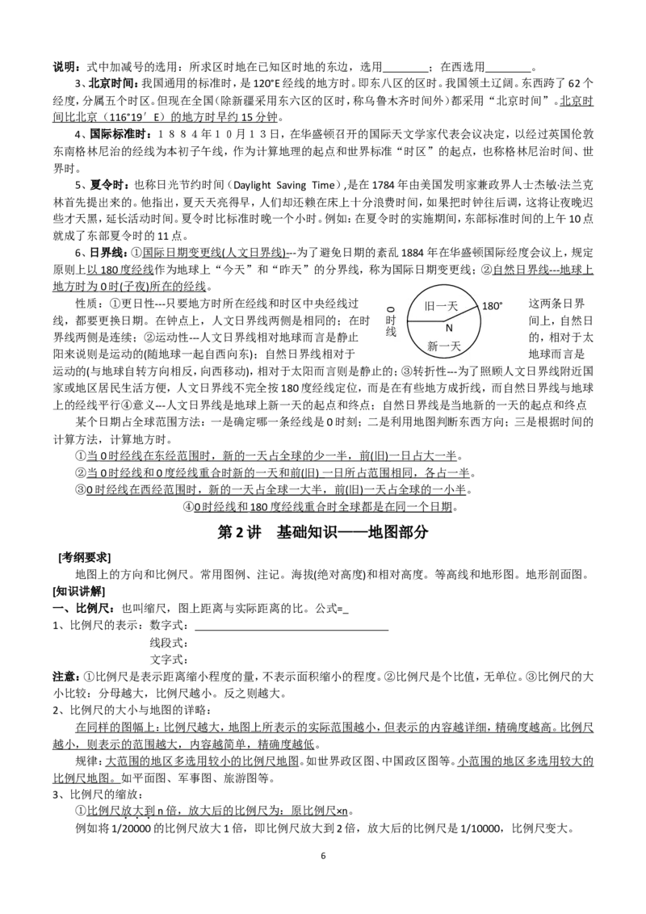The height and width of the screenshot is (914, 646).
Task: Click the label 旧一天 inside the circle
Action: click(441, 306)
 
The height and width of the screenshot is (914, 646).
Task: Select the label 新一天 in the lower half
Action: click(443, 346)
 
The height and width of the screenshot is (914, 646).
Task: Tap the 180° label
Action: click(492, 307)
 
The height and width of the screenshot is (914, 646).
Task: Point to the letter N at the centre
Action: click(450, 328)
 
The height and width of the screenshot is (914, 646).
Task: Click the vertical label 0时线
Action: click(391, 321)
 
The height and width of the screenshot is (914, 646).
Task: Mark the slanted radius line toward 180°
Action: click(459, 314)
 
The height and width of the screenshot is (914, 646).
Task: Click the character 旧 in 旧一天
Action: click(430, 306)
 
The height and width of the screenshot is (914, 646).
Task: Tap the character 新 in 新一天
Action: click(433, 346)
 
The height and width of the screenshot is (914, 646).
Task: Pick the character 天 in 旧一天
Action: click(452, 306)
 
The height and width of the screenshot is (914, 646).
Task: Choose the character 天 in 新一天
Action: click(455, 346)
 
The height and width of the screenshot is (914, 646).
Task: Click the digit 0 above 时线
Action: click(391, 309)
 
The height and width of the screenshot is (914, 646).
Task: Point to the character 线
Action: click(391, 333)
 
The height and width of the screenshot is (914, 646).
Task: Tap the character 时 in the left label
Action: click(391, 321)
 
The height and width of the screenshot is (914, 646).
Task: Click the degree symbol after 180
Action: click(501, 304)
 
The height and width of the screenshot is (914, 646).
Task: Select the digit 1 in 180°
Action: click(484, 307)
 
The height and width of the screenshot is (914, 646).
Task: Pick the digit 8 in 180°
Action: click(490, 307)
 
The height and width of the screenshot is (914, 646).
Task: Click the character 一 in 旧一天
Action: click(442, 306)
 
